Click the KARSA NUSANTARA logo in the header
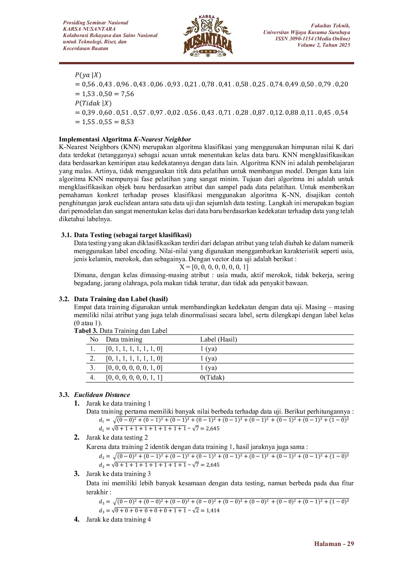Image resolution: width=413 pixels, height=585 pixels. [208, 36]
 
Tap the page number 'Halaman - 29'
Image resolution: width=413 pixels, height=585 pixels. [334, 544]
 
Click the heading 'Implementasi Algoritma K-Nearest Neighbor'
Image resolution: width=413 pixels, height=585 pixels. [125, 139]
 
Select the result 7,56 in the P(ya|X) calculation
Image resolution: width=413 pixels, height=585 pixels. [127, 94]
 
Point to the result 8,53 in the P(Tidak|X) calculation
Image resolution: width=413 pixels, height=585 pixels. [127, 122]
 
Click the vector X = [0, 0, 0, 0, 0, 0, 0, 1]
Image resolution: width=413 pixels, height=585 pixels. [213, 267]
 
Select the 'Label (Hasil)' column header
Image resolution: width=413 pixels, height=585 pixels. [218, 339]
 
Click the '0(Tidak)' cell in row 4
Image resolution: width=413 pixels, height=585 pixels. [212, 377]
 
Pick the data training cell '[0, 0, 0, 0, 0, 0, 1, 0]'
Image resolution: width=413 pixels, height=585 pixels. [134, 368]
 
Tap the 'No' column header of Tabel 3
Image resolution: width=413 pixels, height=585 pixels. [94, 339]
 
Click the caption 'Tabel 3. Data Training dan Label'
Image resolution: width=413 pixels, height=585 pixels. [121, 331]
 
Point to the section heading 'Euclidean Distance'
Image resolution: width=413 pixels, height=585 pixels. [102, 395]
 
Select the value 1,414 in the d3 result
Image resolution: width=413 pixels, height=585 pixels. [213, 510]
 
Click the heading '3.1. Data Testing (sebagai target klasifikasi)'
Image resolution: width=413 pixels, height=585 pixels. [126, 235]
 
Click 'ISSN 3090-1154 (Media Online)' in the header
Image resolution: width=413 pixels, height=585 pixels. [312, 38]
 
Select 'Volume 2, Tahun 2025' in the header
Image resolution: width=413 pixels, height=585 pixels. [324, 45]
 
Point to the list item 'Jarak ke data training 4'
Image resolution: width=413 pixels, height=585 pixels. [118, 519]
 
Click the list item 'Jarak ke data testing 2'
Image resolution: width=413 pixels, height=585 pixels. [117, 437]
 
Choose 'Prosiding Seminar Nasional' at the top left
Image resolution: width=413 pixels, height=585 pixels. [96, 23]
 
